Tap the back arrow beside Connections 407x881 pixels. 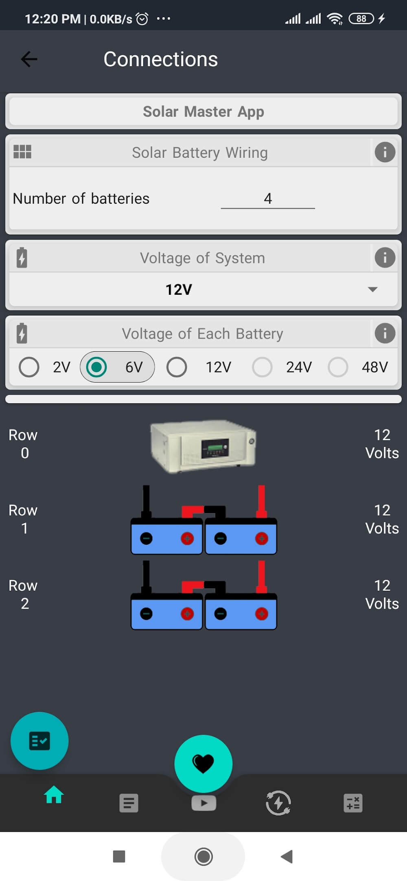(29, 59)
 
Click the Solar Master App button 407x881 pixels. (203, 111)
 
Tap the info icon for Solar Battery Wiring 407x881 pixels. (385, 152)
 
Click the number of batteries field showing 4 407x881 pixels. (267, 198)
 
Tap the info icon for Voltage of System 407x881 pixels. (385, 258)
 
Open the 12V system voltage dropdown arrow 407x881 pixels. (372, 289)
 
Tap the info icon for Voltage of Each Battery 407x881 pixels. (385, 333)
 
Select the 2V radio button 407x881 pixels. (29, 367)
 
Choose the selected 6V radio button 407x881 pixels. (96, 367)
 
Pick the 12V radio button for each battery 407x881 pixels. (177, 367)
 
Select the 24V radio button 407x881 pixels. (262, 367)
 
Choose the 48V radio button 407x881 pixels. (338, 367)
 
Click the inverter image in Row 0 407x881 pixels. (203, 446)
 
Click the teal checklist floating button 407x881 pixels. (39, 741)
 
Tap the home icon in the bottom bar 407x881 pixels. (54, 795)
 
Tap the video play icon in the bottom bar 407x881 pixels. (203, 803)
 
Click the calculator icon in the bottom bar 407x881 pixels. (353, 803)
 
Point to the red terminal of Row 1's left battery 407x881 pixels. (187, 539)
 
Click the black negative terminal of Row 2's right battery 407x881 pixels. (221, 614)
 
